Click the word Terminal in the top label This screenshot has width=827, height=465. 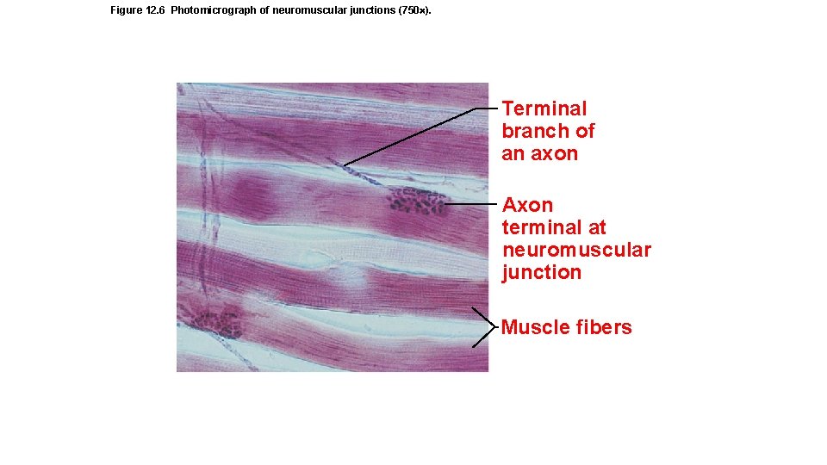coord(544,108)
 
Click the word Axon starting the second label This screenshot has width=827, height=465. coord(527,205)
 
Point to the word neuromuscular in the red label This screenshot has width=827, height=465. coord(576,250)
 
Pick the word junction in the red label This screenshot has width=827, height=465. coord(542,272)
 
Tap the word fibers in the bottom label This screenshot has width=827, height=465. coord(604,327)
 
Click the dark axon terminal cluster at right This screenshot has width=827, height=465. coord(417,201)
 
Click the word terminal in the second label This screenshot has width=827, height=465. coord(554,227)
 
